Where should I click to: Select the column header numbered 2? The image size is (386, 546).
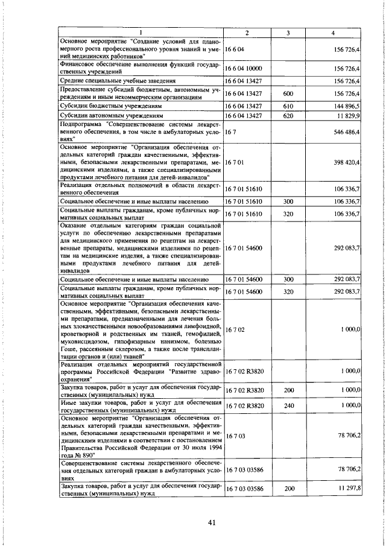pos(246,33)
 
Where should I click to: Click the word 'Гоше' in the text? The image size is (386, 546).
pos(68,348)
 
